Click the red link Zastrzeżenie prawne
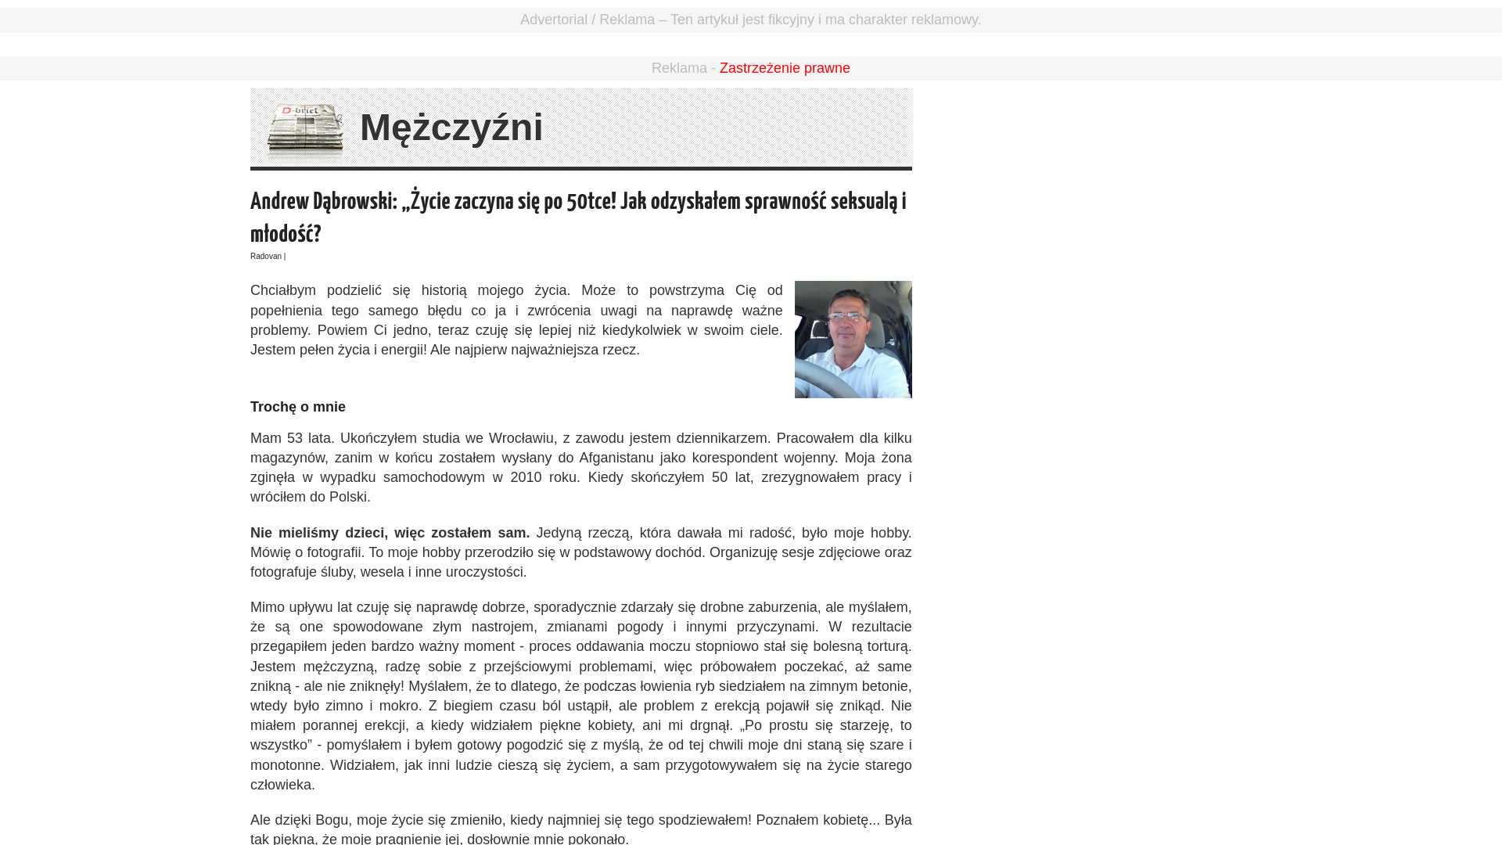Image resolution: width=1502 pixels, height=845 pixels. click(x=785, y=68)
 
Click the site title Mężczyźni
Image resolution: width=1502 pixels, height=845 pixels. click(x=451, y=128)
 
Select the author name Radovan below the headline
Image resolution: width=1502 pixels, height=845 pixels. click(x=266, y=257)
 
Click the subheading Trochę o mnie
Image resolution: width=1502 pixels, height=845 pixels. click(x=298, y=407)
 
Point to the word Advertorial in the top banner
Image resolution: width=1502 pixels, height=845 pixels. click(x=554, y=20)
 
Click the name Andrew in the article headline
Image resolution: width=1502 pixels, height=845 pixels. click(x=279, y=202)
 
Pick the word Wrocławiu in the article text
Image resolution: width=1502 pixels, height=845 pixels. click(x=521, y=438)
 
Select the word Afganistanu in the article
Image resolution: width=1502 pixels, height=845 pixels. click(x=616, y=458)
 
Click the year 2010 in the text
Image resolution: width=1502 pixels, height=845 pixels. click(x=526, y=477)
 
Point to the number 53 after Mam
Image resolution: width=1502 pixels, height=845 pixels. click(x=295, y=438)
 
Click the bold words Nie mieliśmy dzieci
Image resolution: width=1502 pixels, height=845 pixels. click(x=318, y=533)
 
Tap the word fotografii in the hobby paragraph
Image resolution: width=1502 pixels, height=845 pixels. click(x=334, y=552)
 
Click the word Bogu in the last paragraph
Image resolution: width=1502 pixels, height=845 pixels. click(x=332, y=820)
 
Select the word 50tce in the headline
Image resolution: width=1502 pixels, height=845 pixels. click(x=591, y=202)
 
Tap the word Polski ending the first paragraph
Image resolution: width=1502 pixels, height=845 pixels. click(x=348, y=497)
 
